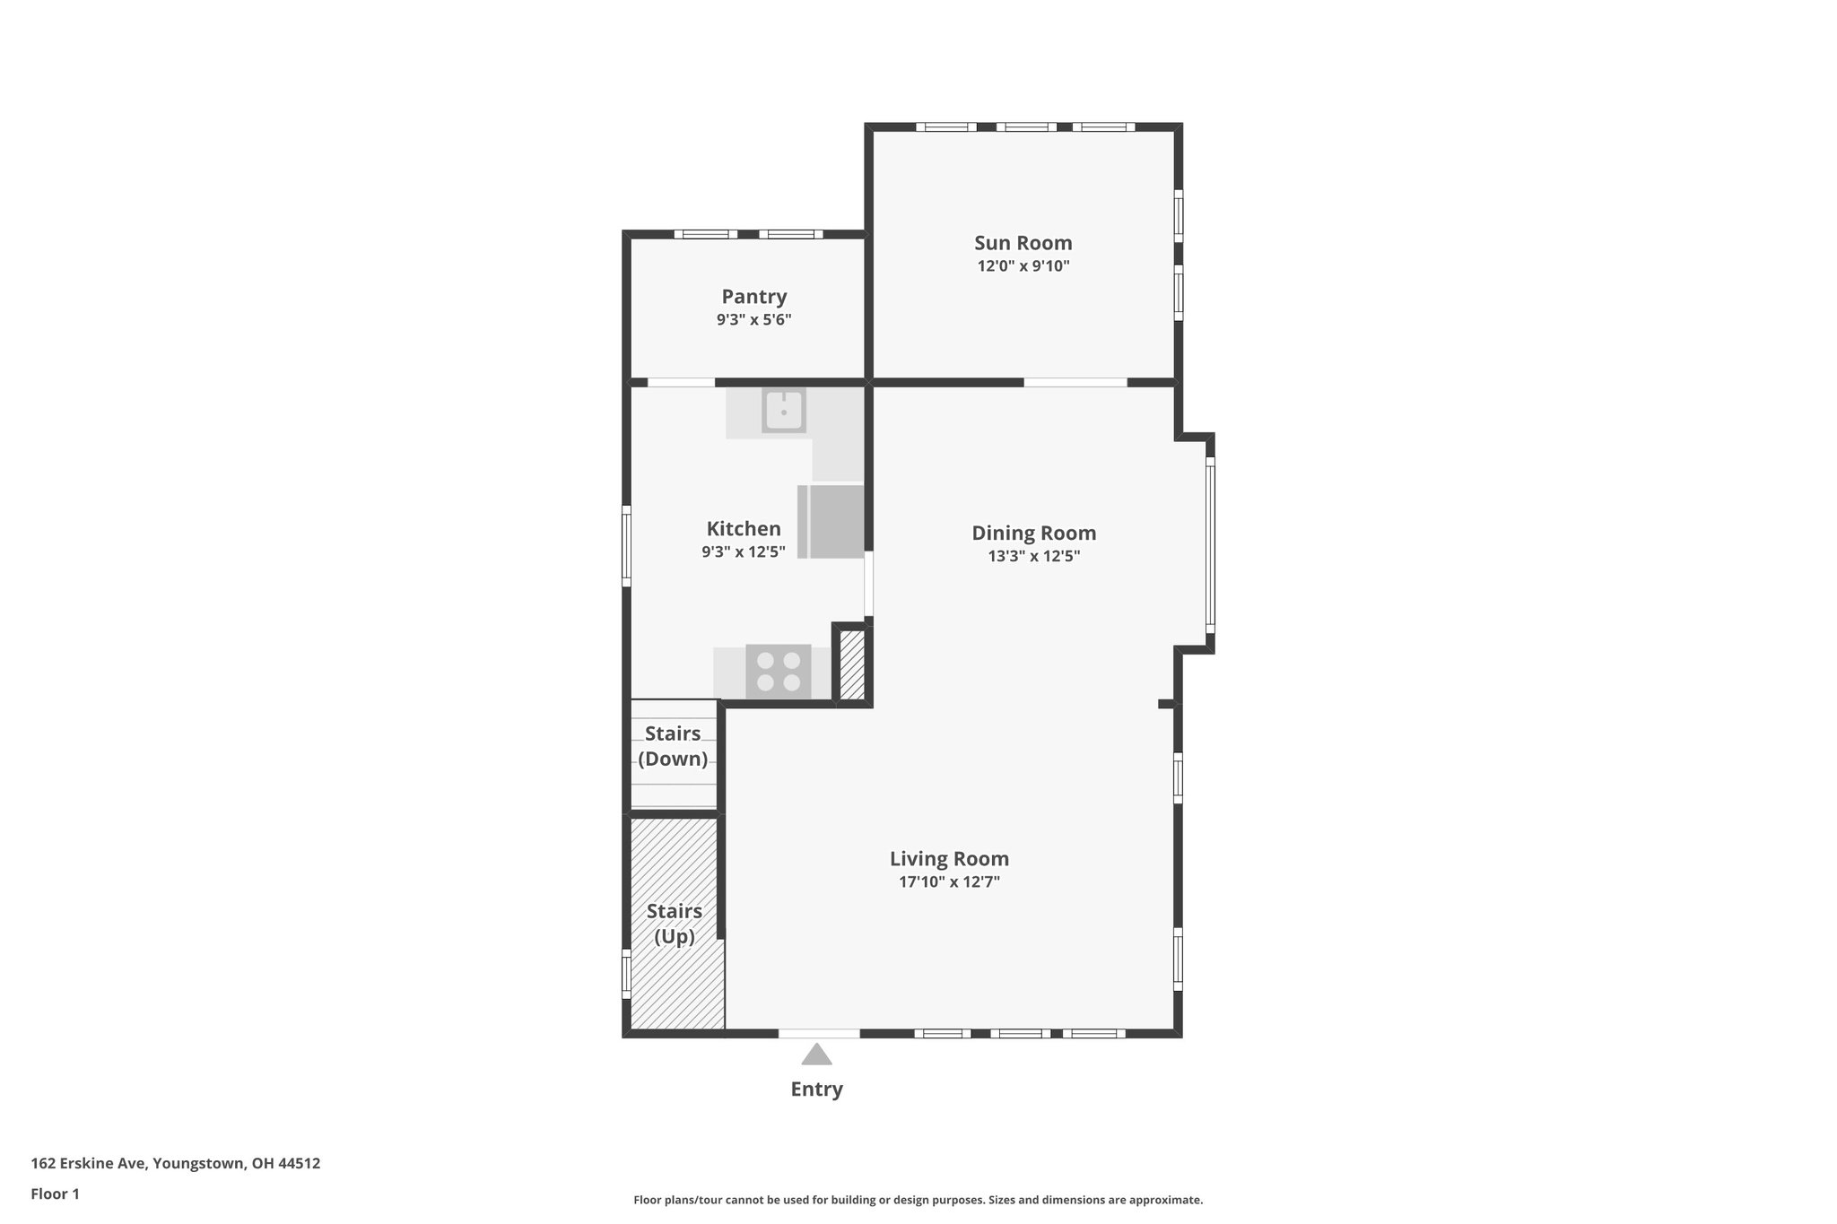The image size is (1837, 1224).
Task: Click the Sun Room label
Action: pos(1023,243)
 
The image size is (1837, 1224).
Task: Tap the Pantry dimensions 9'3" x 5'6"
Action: pos(753,320)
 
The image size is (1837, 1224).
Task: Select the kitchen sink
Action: pos(784,411)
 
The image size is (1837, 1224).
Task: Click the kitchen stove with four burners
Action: pos(778,672)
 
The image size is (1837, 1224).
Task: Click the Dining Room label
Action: pos(1033,533)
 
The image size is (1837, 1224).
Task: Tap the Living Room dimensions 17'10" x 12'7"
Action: pos(949,882)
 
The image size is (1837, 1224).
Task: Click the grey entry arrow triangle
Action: pos(816,1055)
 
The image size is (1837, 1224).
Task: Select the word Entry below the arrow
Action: pos(816,1089)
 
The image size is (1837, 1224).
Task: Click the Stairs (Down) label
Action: pos(673,746)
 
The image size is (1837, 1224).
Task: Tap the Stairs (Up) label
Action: pos(675,924)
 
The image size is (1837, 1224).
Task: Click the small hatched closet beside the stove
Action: pos(852,664)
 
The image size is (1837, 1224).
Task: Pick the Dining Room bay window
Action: pos(1209,543)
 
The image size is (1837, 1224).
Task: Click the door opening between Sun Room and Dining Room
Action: pos(1075,383)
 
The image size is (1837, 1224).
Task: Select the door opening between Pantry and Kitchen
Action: pos(681,383)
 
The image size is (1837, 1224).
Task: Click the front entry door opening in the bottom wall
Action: pos(818,1034)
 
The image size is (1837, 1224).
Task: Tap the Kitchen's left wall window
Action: pos(627,546)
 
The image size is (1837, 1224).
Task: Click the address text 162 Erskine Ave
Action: pos(175,1164)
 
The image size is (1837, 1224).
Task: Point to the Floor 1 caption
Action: pos(55,1194)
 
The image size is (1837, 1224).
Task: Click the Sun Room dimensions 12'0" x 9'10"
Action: pos(1023,266)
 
